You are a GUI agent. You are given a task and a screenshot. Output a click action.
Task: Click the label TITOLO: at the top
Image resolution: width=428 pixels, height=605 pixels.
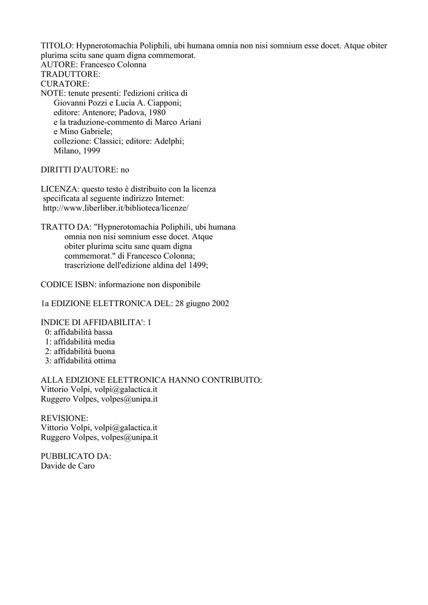[57, 45]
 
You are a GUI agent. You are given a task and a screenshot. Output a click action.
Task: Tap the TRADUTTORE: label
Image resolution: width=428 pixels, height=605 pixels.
[70, 74]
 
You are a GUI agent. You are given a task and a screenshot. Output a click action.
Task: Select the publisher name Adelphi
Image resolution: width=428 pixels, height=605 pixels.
[168, 141]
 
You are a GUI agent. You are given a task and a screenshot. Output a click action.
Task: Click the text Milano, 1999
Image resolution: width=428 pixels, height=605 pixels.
[77, 151]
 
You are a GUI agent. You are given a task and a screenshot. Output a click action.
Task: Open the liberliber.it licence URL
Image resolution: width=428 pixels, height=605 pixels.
[116, 208]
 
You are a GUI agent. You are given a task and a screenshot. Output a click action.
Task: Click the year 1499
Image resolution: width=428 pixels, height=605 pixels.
[197, 265]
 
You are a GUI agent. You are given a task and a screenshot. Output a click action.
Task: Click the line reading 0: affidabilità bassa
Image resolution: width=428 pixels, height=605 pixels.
[79, 332]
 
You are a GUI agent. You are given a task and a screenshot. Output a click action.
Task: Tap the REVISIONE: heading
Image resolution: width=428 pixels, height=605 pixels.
[64, 418]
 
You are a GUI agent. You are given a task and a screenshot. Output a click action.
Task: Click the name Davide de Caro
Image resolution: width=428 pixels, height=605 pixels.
[67, 466]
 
